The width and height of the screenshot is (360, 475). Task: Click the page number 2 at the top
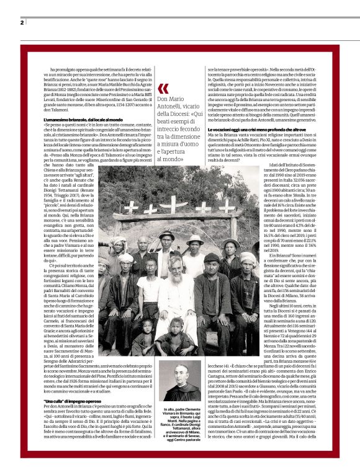click(x=22, y=23)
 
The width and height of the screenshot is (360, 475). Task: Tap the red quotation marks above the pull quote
click(x=163, y=88)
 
